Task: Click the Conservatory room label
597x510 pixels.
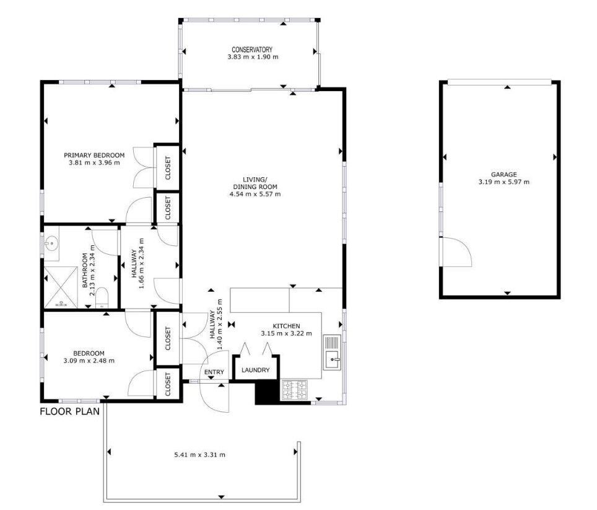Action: click(x=252, y=50)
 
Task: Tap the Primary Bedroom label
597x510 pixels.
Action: click(x=94, y=156)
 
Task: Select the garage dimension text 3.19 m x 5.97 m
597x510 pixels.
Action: click(x=503, y=182)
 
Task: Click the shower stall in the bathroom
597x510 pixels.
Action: click(x=61, y=287)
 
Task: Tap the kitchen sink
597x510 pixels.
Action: click(x=333, y=353)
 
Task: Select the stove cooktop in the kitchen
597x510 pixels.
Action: click(x=294, y=390)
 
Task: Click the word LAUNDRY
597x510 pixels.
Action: click(x=256, y=370)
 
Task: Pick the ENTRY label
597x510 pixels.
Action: click(x=214, y=372)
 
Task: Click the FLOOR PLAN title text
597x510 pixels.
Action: click(x=70, y=411)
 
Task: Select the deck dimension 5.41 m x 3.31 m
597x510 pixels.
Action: click(x=199, y=454)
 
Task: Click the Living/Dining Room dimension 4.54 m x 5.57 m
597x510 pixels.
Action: click(x=255, y=194)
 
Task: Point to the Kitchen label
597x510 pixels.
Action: click(x=286, y=326)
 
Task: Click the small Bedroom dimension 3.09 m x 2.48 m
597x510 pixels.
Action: click(x=89, y=360)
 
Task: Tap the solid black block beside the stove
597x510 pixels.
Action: click(x=268, y=392)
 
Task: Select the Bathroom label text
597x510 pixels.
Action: click(x=85, y=270)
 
